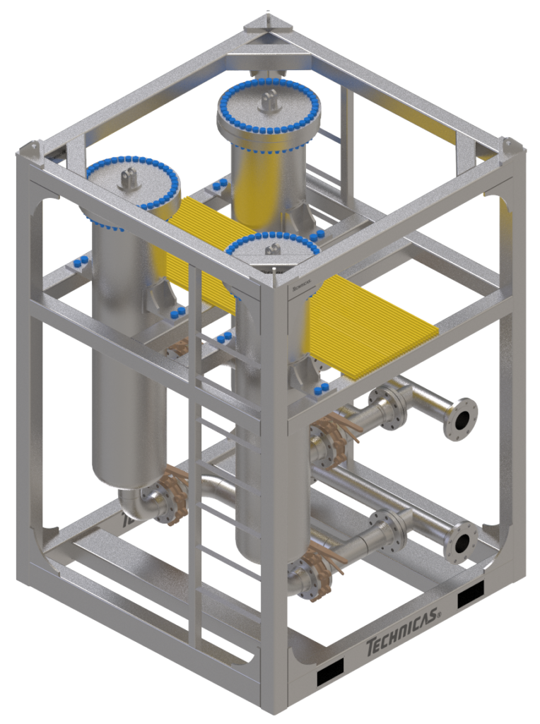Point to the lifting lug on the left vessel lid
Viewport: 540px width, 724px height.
(129, 177)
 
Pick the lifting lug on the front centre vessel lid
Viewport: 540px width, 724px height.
(274, 249)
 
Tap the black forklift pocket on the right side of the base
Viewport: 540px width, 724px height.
(470, 598)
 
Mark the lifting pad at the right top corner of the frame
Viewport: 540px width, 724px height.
(512, 146)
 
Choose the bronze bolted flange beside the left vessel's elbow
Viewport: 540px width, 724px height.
(168, 491)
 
